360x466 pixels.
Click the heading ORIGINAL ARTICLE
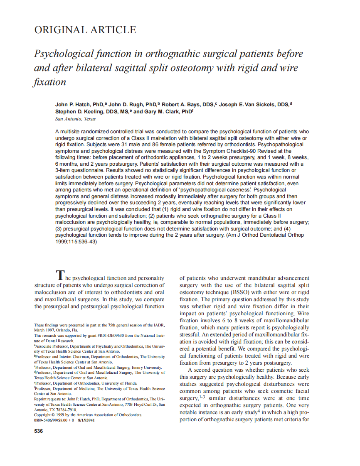[85, 30]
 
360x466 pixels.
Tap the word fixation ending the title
[50, 82]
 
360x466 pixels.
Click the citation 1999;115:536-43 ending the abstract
[76, 242]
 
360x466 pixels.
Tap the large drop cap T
[61, 275]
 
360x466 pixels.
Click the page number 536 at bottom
[38, 431]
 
